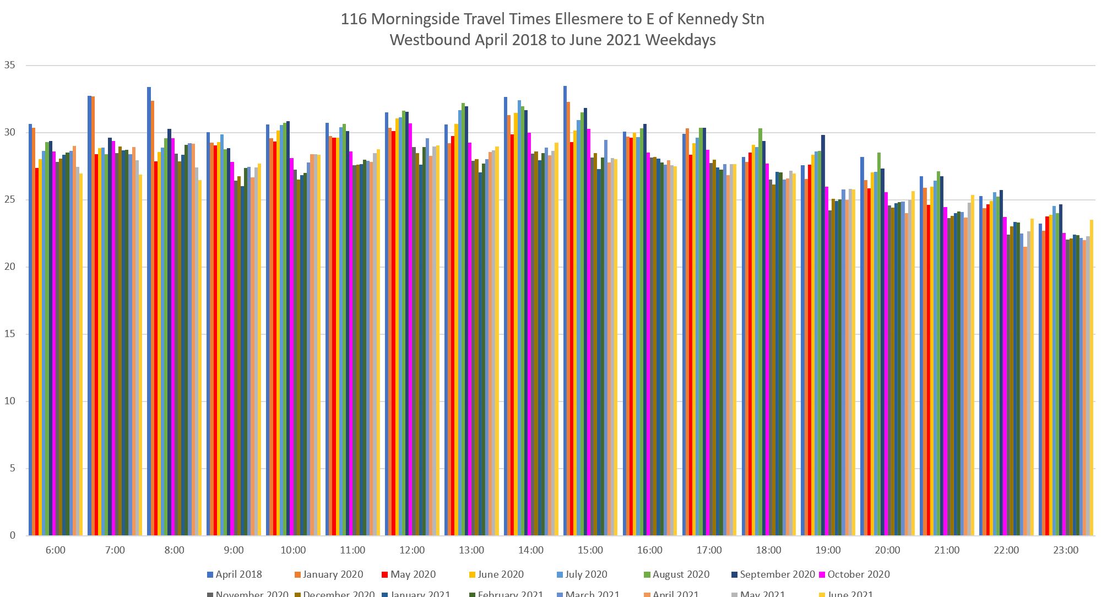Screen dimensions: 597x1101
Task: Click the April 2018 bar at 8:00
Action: pyautogui.click(x=149, y=311)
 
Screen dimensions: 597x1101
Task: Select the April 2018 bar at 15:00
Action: pyautogui.click(x=565, y=311)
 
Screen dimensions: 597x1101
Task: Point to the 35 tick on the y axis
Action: pyautogui.click(x=10, y=66)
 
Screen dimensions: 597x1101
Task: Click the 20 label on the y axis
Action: pyautogui.click(x=10, y=267)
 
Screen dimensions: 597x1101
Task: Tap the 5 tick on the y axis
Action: pyautogui.click(x=12, y=469)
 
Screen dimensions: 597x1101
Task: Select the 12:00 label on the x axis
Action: pyautogui.click(x=412, y=550)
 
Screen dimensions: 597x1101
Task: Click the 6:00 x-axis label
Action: pyautogui.click(x=55, y=550)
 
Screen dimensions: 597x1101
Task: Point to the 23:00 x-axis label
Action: pyautogui.click(x=1066, y=550)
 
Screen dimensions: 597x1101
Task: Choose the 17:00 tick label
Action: pyautogui.click(x=709, y=550)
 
